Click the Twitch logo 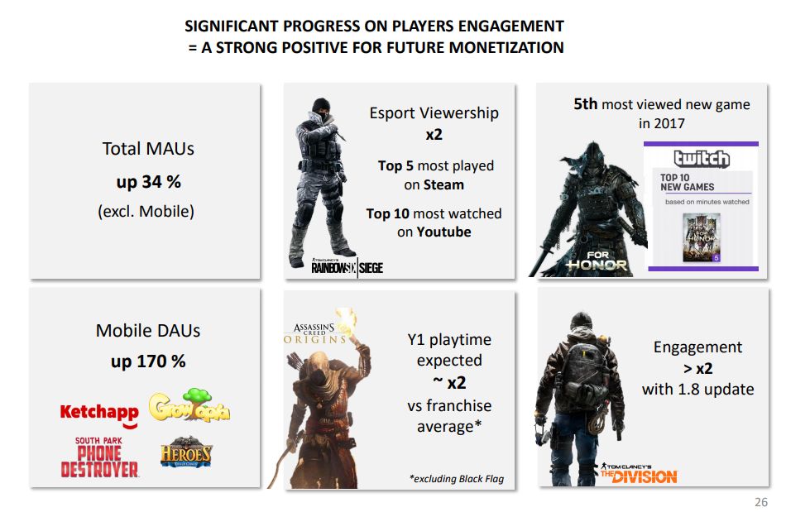click(702, 158)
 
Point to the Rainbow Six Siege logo click(347, 266)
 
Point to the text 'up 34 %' click(148, 180)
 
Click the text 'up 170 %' click(148, 361)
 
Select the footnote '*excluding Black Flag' click(457, 479)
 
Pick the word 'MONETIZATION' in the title click(506, 47)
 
